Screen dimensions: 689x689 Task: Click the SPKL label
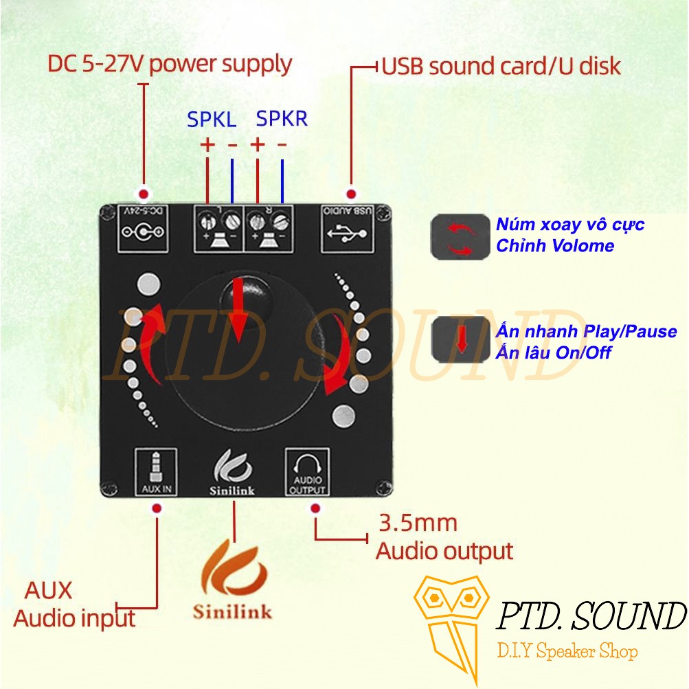click(212, 120)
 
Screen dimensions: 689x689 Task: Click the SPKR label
click(282, 118)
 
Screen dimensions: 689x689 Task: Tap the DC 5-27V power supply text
click(170, 64)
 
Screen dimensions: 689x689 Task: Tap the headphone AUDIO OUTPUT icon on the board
click(307, 471)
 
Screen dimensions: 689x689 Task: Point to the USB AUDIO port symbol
click(347, 228)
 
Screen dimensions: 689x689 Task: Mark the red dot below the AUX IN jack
click(157, 508)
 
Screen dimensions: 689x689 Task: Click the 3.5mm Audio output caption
click(444, 536)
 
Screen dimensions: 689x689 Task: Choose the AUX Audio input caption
click(74, 605)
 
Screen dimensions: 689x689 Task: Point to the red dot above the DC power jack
click(144, 193)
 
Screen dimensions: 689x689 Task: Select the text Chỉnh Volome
click(554, 245)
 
